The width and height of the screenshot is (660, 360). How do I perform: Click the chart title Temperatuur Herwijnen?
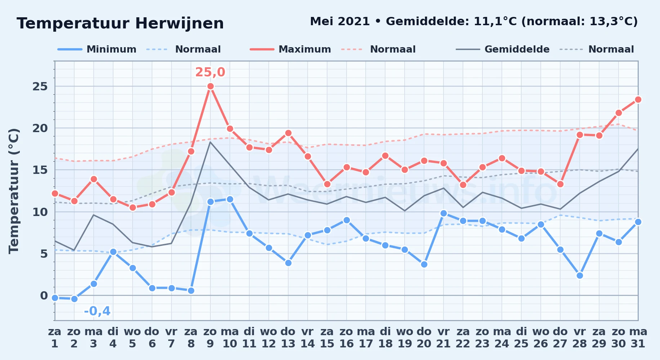point(120,23)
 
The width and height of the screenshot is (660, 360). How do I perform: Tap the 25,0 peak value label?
point(210,72)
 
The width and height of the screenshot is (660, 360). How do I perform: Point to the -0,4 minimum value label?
point(97,311)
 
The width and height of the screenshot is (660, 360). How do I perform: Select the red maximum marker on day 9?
point(211,86)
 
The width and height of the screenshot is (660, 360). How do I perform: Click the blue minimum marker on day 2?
point(74,299)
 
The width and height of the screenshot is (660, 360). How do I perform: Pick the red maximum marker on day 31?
point(638,99)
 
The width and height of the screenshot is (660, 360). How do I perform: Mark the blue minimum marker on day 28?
point(580,275)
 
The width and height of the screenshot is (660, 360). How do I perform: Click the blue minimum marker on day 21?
point(443,213)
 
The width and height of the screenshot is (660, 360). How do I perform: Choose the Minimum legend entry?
point(97,49)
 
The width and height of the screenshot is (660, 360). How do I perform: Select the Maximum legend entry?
point(290,49)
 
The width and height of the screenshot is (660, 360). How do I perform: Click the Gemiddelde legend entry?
point(503,49)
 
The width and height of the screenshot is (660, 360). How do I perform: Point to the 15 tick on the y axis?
point(40,170)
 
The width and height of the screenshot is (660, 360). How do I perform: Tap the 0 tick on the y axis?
point(44,296)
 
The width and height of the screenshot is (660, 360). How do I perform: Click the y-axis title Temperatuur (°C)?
point(14,191)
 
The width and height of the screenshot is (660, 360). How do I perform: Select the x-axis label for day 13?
point(288,338)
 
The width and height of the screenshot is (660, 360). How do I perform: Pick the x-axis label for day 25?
point(521,338)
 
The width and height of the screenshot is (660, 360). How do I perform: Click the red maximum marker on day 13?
point(288,133)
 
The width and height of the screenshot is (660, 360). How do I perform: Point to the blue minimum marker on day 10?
point(230,199)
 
